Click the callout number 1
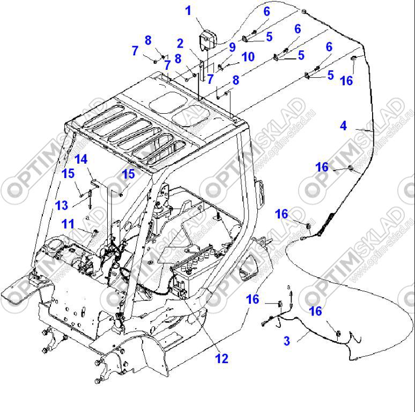[x=188, y=11]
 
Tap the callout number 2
[x=181, y=43]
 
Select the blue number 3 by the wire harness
[x=287, y=341]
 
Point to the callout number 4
[x=343, y=126]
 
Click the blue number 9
[x=232, y=47]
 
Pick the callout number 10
[x=248, y=57]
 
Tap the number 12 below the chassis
[x=221, y=358]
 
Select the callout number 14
[x=80, y=159]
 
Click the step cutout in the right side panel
[x=250, y=267]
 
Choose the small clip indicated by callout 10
[x=220, y=67]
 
